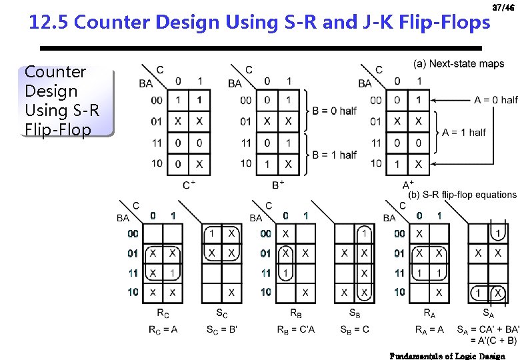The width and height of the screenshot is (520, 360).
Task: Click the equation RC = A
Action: click(163, 329)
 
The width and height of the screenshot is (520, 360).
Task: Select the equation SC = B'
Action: click(222, 329)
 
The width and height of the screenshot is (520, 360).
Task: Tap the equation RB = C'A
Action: click(295, 329)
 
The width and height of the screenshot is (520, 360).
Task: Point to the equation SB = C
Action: click(355, 329)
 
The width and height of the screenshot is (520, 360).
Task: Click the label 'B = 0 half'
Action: click(334, 111)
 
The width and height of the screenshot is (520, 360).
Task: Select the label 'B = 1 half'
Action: click(334, 155)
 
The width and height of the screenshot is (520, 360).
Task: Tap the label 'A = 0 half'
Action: click(495, 100)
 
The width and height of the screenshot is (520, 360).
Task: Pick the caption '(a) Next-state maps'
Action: click(459, 64)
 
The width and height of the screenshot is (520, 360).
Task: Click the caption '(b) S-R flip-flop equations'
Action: click(462, 195)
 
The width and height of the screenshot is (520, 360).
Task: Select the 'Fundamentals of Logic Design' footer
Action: click(447, 356)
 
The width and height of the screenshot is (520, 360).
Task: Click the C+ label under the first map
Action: click(189, 185)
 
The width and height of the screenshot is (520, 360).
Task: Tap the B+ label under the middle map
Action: click(278, 185)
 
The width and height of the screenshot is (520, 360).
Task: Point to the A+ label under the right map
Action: click(408, 185)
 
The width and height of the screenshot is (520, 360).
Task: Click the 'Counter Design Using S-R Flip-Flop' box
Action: click(58, 101)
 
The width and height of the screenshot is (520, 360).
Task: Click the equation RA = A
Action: click(429, 329)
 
